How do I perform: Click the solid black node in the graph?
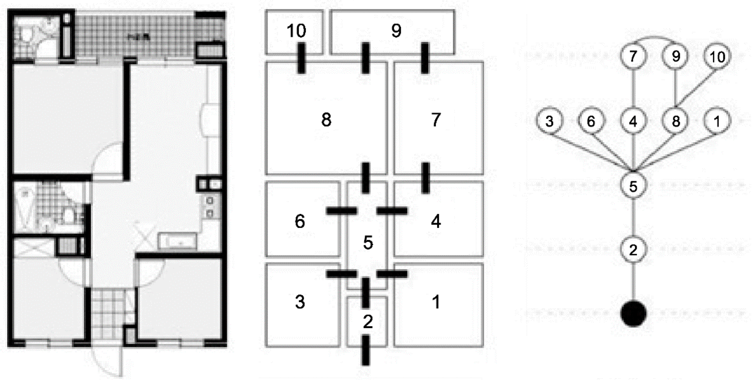[633, 314]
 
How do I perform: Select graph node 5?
[633, 186]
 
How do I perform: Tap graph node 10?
[717, 57]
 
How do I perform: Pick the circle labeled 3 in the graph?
[549, 121]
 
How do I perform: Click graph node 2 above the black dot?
[633, 250]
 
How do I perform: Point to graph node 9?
[676, 56]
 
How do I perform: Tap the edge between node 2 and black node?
[633, 282]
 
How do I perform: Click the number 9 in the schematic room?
[396, 30]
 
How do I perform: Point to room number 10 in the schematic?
[297, 30]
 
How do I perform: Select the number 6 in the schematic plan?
[300, 221]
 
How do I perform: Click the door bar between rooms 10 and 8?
[301, 58]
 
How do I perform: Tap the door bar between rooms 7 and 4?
[425, 178]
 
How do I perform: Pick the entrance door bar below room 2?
[365, 350]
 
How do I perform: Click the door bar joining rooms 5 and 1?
[392, 274]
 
